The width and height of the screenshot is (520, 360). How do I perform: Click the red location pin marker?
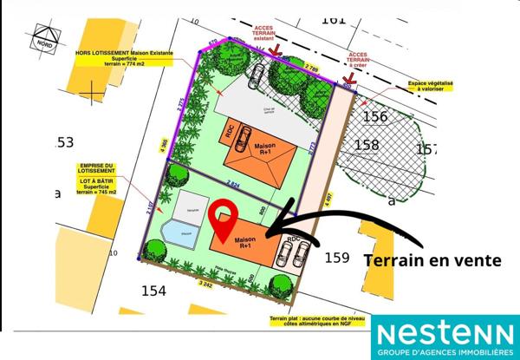tap(224, 220)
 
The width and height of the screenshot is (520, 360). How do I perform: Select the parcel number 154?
tap(153, 291)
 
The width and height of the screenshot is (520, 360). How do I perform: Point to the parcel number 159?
tap(337, 258)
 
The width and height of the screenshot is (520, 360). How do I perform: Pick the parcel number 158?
tap(367, 145)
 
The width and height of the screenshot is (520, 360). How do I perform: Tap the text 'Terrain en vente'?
tap(432, 259)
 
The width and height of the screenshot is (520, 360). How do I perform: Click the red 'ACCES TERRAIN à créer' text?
tap(357, 59)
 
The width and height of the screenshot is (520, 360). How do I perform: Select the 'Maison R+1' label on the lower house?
tap(244, 242)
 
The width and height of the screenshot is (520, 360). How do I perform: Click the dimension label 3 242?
tap(205, 284)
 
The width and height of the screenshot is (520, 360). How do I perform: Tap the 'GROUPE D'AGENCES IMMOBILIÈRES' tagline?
tap(445, 350)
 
